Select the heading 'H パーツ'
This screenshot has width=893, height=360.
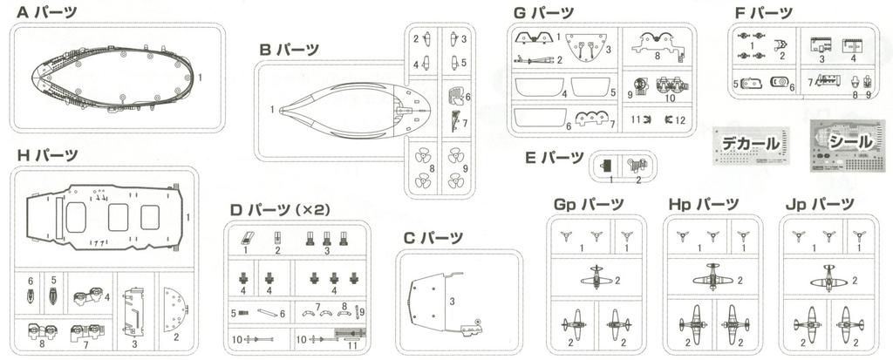point(47,155)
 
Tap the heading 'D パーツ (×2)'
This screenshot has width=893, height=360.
point(277,210)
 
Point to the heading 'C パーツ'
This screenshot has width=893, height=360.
point(433,237)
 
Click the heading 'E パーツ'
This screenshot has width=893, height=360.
point(555,158)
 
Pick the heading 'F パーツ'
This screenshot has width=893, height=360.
point(763,13)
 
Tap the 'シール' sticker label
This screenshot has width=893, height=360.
point(847,140)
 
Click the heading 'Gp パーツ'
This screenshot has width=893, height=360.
point(589,205)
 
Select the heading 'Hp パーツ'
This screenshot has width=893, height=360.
point(704,205)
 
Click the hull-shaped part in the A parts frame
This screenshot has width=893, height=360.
point(112,78)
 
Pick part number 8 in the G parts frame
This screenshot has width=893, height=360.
point(656,41)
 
